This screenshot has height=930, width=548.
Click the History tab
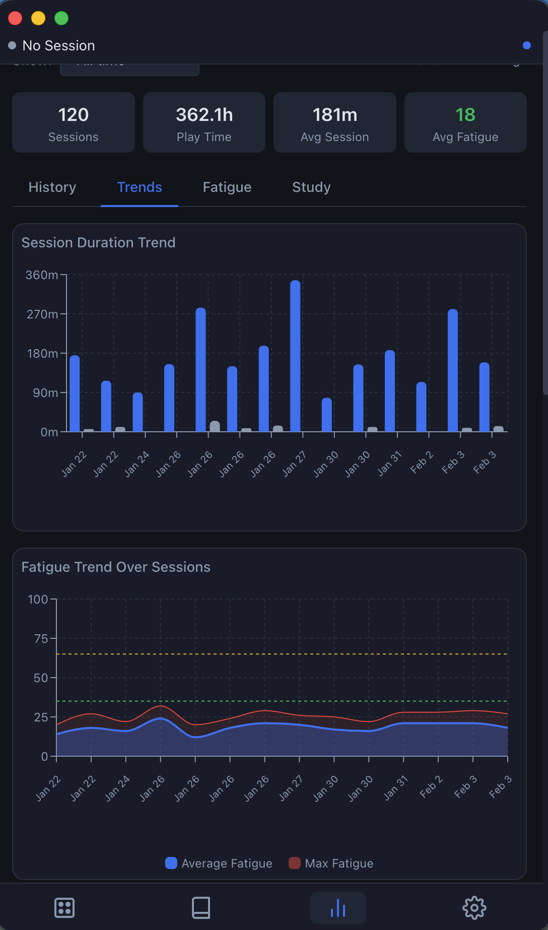point(52,187)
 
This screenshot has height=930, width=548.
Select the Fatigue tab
point(227,187)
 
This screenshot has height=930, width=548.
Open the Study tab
point(311,187)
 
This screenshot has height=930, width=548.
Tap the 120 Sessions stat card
point(74,122)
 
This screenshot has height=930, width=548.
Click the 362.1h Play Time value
point(204,115)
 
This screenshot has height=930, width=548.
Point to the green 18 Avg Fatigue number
point(465,115)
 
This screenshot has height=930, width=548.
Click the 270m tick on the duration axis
point(42,314)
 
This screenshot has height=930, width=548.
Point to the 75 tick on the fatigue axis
point(41,639)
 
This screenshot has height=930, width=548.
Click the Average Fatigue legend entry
point(219,863)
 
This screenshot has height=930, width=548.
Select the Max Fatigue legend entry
point(331,863)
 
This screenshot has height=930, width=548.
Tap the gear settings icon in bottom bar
point(474,908)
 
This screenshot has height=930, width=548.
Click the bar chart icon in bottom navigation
point(337,908)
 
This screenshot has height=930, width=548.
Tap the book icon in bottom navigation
point(201,908)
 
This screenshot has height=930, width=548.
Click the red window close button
point(15,18)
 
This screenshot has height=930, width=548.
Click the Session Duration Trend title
point(98,243)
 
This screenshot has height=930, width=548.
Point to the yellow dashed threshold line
point(282,654)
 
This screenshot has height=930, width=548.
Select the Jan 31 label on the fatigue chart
point(396,788)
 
